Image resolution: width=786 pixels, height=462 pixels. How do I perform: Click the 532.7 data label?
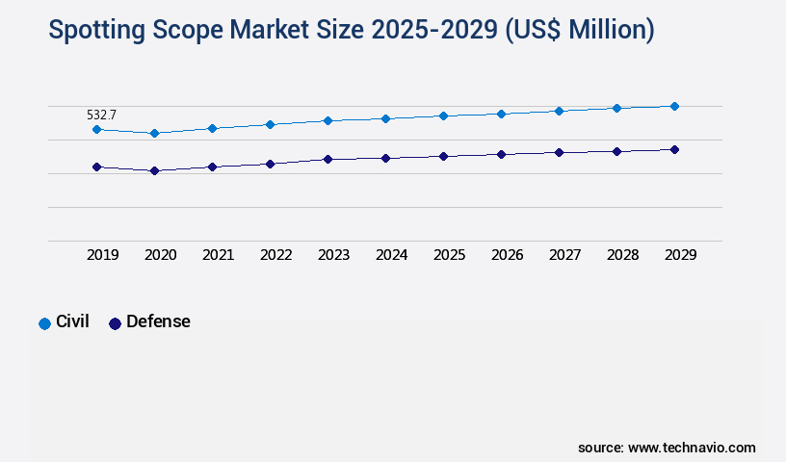click(x=101, y=115)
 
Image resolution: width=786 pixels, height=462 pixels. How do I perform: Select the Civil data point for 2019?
click(x=96, y=129)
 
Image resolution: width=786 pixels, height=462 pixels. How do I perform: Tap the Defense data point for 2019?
click(x=96, y=167)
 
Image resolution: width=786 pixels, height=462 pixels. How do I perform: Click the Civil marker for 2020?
click(x=154, y=133)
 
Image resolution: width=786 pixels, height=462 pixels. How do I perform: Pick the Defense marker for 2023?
click(x=327, y=159)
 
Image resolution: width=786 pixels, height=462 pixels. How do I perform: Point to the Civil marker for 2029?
click(x=674, y=106)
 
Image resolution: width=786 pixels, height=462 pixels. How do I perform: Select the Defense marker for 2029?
click(x=674, y=149)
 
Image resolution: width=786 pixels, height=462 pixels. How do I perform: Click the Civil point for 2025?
click(x=443, y=115)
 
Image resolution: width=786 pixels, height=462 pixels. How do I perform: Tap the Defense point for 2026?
click(x=501, y=154)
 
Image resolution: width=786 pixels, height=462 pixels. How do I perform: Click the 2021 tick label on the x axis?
click(x=218, y=255)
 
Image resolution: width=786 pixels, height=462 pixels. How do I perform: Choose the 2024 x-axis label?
click(x=391, y=255)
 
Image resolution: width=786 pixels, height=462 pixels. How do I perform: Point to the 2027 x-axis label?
click(x=564, y=255)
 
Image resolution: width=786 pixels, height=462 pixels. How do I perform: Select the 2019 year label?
click(x=102, y=255)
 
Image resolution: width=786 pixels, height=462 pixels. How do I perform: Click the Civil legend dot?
click(x=44, y=323)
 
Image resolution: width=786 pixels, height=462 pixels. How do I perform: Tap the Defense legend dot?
click(x=115, y=323)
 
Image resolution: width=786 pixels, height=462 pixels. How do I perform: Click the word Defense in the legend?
click(x=158, y=321)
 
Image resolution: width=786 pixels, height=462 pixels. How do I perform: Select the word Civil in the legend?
click(x=72, y=321)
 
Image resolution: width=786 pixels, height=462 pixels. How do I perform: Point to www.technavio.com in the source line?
click(x=692, y=448)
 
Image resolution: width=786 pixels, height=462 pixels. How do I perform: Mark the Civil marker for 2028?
click(x=616, y=108)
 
